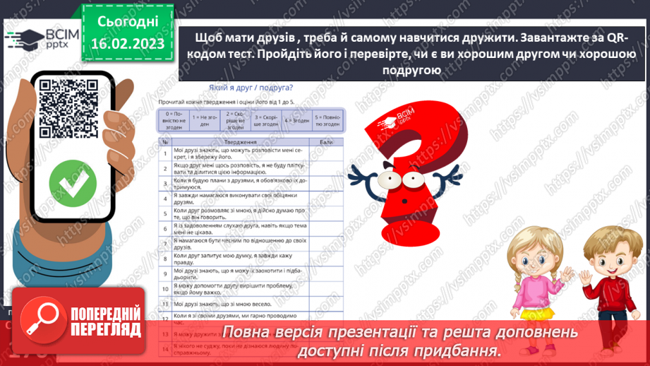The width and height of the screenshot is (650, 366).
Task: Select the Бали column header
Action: [326, 141]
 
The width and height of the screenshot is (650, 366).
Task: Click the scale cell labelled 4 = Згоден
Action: [296, 119]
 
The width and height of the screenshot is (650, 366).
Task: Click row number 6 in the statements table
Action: [164, 228]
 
